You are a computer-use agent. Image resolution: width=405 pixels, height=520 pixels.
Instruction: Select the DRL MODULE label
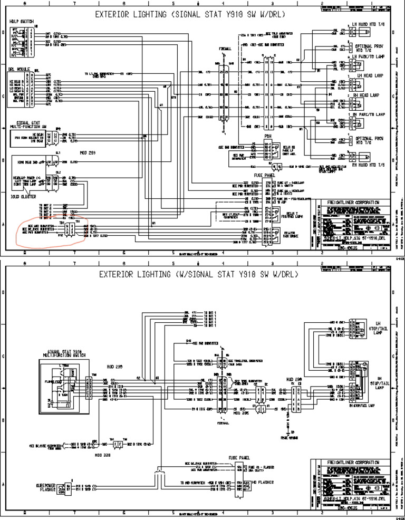point(19,69)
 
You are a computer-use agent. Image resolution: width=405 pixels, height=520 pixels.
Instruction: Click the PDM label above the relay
point(268,136)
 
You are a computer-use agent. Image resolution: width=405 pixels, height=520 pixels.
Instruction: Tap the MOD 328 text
point(101,453)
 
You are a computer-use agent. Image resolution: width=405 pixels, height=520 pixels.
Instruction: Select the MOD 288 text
point(293,379)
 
